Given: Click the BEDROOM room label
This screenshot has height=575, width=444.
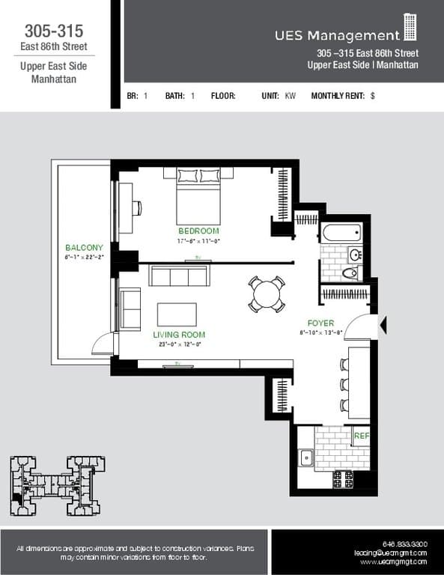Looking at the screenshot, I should point(198,231).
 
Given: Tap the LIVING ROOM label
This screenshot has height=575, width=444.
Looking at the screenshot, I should point(179,335).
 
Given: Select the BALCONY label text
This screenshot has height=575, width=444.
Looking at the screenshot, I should point(84,248).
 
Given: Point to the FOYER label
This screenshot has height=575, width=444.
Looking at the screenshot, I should point(320,323).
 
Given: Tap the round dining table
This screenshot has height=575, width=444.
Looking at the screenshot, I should point(267,294).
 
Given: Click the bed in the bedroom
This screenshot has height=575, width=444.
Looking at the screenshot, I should point(198,196).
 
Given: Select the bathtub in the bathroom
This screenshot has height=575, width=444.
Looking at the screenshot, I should point(342,233).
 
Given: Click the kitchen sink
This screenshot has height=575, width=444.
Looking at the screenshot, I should point(305,457).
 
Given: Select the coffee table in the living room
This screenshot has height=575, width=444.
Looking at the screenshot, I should point(177,314).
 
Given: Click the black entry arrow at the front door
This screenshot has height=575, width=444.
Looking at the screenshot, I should point(384,324).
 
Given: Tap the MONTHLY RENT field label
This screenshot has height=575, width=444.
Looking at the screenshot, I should point(338,96).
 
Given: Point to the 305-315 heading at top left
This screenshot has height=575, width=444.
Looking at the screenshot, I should point(53,31).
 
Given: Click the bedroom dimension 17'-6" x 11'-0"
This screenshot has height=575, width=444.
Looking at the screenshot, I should point(198,241).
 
